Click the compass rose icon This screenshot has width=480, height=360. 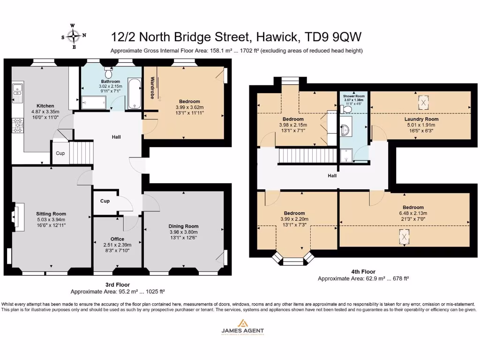pyautogui.click(x=74, y=36)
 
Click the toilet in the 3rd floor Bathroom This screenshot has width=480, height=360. pyautogui.click(x=109, y=73)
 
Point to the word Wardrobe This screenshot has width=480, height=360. pyautogui.click(x=152, y=88)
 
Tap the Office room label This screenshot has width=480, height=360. pyautogui.click(x=118, y=239)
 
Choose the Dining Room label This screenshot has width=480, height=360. pyautogui.click(x=184, y=226)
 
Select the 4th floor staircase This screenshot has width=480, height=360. pyautogui.click(x=307, y=155)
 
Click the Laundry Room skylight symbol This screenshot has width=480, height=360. pyautogui.click(x=423, y=102)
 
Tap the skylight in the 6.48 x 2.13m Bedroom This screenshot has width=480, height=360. pyautogui.click(x=404, y=237)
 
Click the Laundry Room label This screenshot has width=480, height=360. pyautogui.click(x=421, y=119)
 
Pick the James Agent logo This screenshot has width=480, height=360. pyautogui.click(x=242, y=326)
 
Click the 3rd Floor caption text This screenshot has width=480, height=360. pyautogui.click(x=117, y=285)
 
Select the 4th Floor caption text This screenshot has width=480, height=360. pyautogui.click(x=363, y=271)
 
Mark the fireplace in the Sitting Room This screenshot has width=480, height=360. pyautogui.click(x=17, y=217)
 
